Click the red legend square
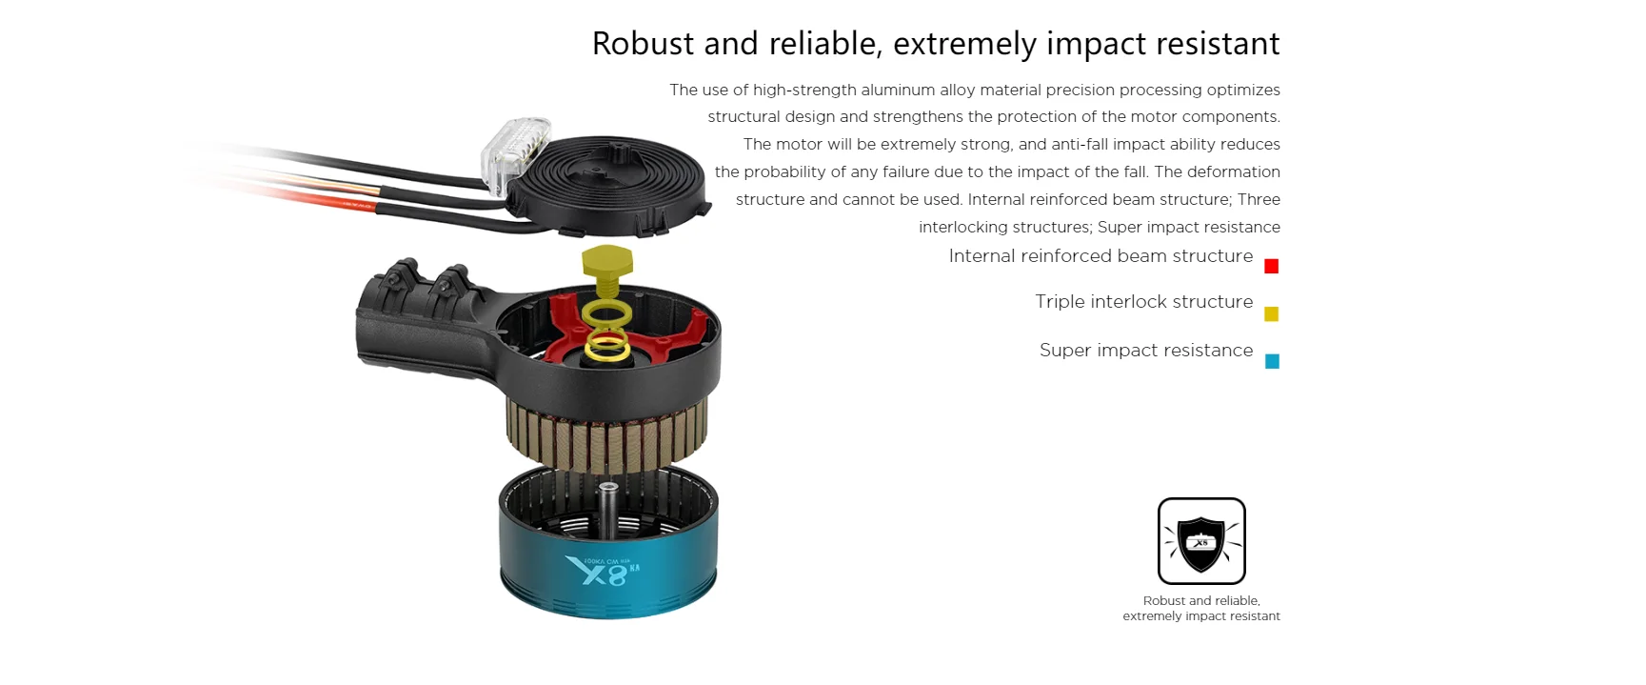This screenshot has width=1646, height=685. (1271, 266)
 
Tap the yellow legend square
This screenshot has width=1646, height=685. (1271, 313)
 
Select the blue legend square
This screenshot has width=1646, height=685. (1272, 361)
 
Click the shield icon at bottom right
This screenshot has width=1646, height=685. (1201, 541)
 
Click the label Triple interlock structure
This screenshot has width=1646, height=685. (1144, 302)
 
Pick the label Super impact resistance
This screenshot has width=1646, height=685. (1146, 351)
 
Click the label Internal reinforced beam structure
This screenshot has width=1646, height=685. (1101, 256)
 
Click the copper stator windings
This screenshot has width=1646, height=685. (607, 434)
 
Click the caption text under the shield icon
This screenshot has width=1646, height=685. (1201, 609)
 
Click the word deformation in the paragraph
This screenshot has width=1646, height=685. (1234, 171)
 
